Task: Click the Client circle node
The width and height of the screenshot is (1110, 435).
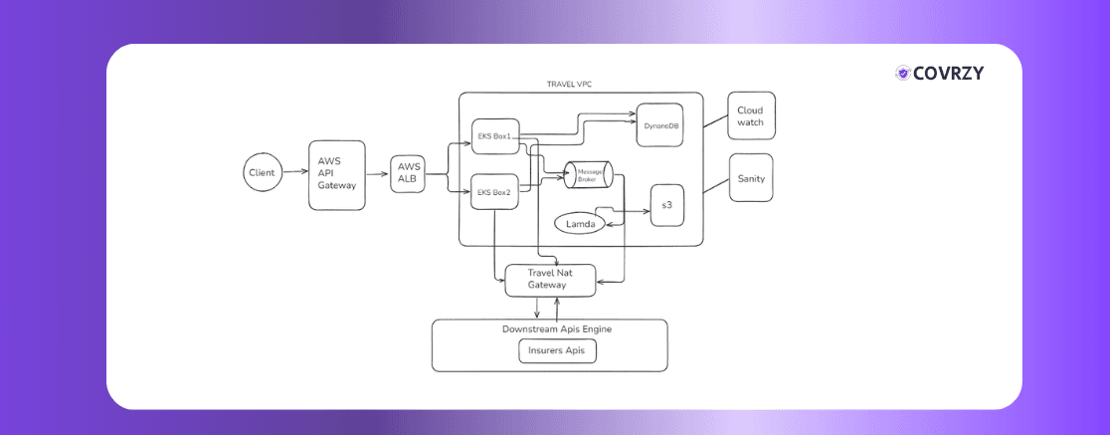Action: click(262, 172)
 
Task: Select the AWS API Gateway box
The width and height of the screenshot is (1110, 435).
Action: click(336, 175)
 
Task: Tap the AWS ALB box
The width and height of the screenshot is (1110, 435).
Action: click(408, 173)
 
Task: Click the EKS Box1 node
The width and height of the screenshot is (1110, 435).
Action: click(494, 136)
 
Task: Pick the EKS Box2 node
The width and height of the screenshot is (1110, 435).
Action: click(494, 191)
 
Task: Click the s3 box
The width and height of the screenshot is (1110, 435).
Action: click(667, 205)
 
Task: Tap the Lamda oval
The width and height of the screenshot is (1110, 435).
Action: click(581, 225)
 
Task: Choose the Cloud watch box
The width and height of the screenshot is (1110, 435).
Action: click(751, 116)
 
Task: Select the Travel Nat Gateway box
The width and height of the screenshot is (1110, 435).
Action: click(549, 279)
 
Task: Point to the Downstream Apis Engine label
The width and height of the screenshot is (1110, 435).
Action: click(549, 328)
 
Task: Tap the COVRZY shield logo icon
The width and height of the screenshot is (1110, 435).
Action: click(903, 73)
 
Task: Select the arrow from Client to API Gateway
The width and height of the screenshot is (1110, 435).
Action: click(293, 173)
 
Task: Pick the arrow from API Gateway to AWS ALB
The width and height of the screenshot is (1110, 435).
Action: click(377, 174)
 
